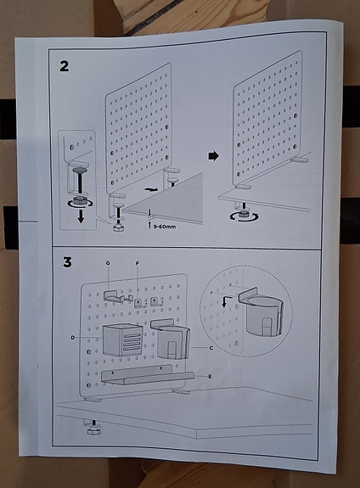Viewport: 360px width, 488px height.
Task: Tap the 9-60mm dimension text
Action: click(165, 226)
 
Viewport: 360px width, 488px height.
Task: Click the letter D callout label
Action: click(74, 338)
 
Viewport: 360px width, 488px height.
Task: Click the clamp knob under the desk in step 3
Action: click(90, 431)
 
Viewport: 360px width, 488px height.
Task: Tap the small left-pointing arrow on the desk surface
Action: click(152, 189)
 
